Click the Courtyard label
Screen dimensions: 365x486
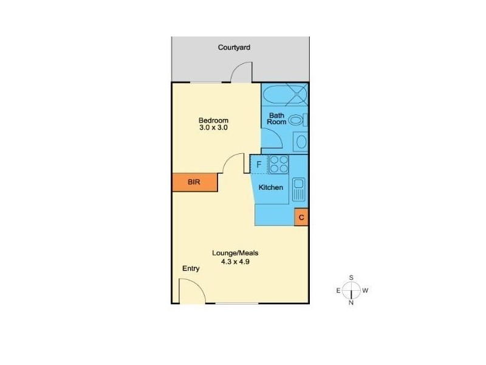pos(234,47)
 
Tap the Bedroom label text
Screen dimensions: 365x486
pos(213,120)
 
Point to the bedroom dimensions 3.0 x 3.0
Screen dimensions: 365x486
pos(213,128)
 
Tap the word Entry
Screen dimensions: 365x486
pos(191,268)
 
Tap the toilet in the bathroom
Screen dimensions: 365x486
pos(296,120)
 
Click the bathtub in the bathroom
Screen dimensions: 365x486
pos(284,95)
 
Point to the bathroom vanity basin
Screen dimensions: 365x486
pos(299,142)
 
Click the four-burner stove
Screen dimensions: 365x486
pos(279,164)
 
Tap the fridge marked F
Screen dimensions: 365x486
pos(259,164)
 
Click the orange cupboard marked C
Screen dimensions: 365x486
pos(301,217)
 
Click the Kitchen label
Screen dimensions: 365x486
pos(271,187)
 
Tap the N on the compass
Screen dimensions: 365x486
pos(351,303)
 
